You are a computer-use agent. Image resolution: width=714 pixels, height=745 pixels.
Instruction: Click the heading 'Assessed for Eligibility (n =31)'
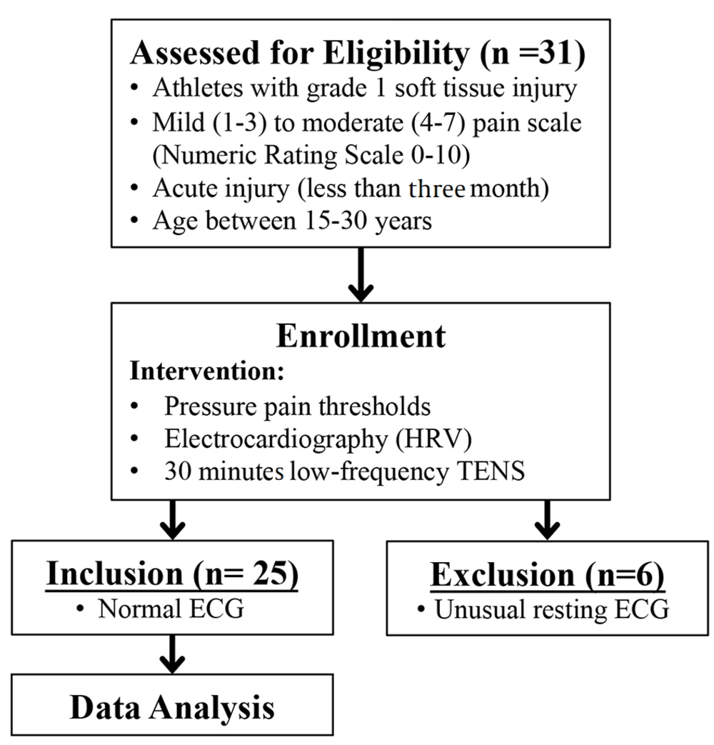(x=358, y=53)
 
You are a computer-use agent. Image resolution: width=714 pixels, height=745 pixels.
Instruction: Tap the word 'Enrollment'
(x=361, y=336)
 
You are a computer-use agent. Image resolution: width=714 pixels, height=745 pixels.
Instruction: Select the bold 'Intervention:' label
(x=207, y=371)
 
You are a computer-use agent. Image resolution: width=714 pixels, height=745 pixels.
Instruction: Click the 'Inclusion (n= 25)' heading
(x=172, y=574)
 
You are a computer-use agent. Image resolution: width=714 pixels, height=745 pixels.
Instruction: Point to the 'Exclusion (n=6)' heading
(x=547, y=575)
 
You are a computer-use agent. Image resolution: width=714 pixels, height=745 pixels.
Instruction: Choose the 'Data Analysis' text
(x=172, y=707)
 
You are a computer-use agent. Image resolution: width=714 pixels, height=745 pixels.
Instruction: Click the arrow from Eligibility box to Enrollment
(x=361, y=274)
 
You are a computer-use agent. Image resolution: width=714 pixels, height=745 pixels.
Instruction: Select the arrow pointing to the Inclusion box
(x=173, y=520)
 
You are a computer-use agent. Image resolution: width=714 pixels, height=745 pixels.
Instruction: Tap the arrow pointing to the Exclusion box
(x=547, y=520)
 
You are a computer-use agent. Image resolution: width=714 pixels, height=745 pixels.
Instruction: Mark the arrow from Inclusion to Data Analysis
(x=173, y=654)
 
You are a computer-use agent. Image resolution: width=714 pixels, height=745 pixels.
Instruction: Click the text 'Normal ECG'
(x=171, y=609)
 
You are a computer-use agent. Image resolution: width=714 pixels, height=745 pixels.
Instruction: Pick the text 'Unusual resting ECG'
(x=552, y=609)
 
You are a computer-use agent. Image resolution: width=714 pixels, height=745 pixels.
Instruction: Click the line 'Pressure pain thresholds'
(x=298, y=406)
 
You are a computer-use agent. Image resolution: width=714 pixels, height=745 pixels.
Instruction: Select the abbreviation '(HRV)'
(x=433, y=439)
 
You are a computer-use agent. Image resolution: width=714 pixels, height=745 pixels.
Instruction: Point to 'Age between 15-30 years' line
(x=292, y=221)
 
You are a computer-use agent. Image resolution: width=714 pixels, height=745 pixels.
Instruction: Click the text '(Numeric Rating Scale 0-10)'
(x=311, y=156)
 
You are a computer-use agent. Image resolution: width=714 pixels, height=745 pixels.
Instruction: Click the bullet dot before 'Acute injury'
(x=134, y=189)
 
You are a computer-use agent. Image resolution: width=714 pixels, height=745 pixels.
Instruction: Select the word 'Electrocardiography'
(x=276, y=439)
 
